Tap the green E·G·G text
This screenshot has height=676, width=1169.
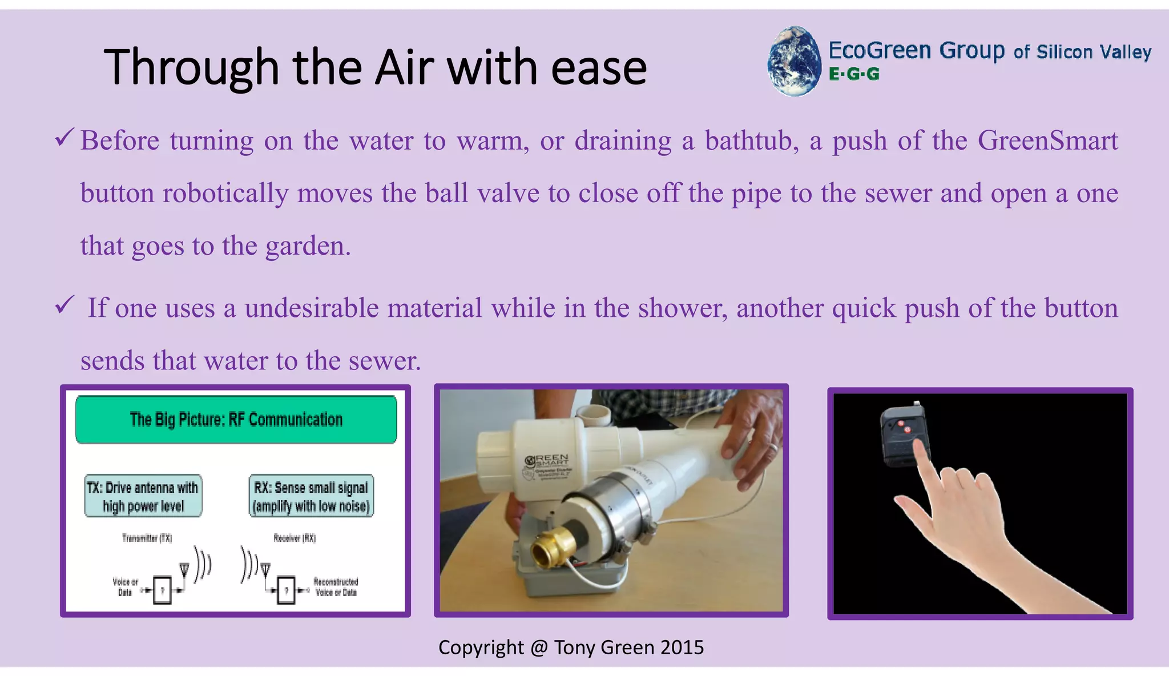tap(854, 74)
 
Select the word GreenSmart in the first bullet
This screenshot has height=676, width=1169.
tap(1047, 140)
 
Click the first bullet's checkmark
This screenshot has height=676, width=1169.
tap(64, 138)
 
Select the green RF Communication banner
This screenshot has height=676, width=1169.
tap(236, 420)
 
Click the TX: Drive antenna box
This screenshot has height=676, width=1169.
tap(143, 496)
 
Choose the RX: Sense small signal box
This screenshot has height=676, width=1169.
tap(311, 496)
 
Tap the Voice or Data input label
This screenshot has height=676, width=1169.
tap(125, 587)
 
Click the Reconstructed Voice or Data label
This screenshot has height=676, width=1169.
tap(336, 587)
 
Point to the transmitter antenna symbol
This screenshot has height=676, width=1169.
tap(184, 569)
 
